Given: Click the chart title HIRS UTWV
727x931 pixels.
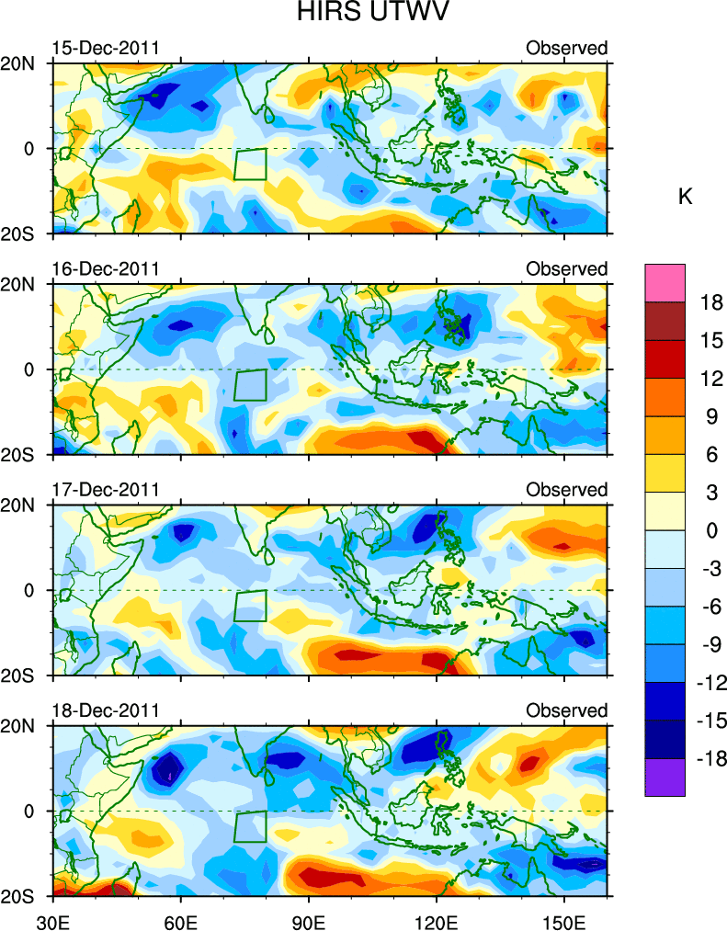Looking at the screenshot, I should [x=362, y=15].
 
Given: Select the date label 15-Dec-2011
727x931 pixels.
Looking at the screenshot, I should [x=106, y=48].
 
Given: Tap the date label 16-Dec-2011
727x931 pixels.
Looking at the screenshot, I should [x=106, y=268].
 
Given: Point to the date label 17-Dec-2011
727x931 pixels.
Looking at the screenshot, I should [x=106, y=490].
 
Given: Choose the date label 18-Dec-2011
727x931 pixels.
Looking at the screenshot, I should [x=106, y=710].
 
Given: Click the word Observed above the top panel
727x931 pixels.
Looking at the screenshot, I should [x=566, y=48].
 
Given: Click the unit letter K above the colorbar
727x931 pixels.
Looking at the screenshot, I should [x=685, y=197].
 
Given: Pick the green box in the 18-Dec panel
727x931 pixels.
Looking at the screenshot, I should [x=250, y=826].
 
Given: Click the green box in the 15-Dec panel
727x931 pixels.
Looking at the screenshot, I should [x=250, y=165].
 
